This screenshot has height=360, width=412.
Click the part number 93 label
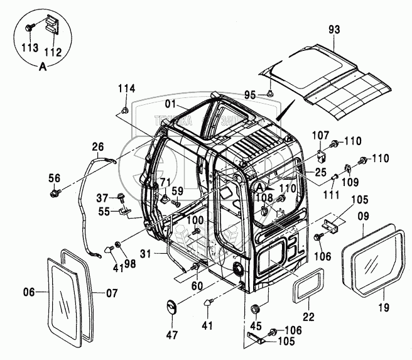333,28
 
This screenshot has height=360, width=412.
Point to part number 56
55,177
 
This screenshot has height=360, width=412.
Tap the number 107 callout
321,134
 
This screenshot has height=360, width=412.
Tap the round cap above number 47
171,309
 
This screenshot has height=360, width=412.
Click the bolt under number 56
56,190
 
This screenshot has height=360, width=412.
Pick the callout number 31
146,253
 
